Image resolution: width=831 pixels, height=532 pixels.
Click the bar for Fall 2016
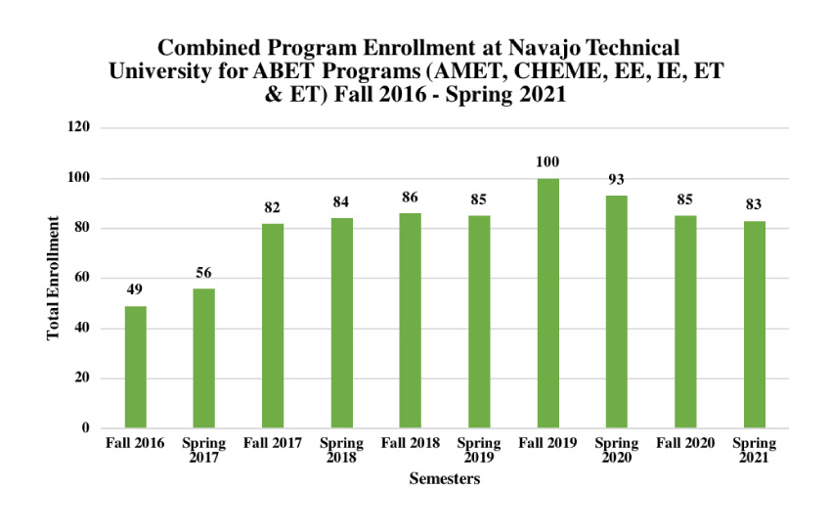coord(135,367)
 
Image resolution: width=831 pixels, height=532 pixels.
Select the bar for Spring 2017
coord(203,358)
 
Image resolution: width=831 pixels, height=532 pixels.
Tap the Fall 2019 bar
coord(548,303)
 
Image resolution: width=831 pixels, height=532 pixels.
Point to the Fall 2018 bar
coord(411,321)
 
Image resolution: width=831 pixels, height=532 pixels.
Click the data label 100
coord(548,161)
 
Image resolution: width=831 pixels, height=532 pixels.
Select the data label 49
coord(135,289)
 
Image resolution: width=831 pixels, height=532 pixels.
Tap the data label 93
coord(617,179)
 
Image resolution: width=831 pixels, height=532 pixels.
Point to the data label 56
coord(203,272)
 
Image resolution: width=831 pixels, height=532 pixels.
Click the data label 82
coord(273,207)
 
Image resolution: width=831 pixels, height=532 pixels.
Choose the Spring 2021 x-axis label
coord(755,450)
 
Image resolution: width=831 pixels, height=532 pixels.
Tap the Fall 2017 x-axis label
coord(273,443)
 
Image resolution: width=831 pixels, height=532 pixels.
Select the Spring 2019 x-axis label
coord(479,450)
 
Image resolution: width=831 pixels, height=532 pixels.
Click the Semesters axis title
coord(445,479)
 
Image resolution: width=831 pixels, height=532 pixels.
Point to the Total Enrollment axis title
coord(54,279)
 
